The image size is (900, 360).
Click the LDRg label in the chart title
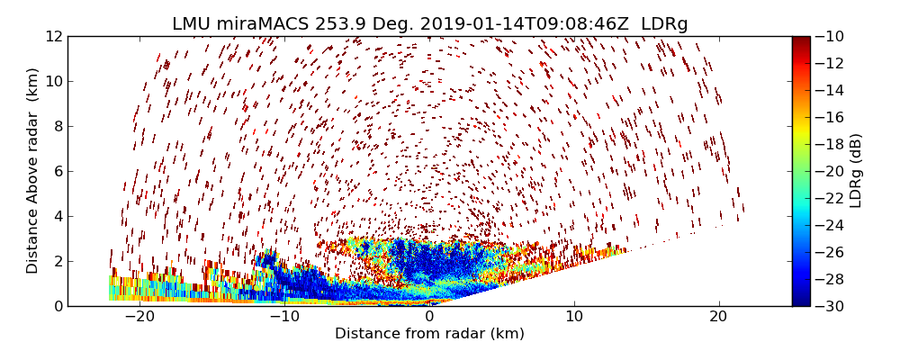pos(664,24)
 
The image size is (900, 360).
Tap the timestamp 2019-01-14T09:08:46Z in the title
pos(522,24)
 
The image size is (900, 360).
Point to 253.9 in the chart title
pos(339,24)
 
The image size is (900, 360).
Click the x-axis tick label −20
pos(139,317)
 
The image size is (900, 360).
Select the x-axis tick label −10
pos(284,317)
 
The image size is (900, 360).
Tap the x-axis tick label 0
pos(429,317)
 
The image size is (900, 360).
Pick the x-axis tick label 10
pos(574,317)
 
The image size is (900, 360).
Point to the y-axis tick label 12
pos(54,36)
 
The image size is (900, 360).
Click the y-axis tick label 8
pos(58,126)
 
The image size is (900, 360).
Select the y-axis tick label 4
pos(58,216)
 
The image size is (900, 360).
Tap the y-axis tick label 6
pos(58,171)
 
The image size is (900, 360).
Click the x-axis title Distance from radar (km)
pos(429,334)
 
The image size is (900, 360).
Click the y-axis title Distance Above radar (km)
pos(33,171)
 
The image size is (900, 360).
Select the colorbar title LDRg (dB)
pos(856,171)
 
